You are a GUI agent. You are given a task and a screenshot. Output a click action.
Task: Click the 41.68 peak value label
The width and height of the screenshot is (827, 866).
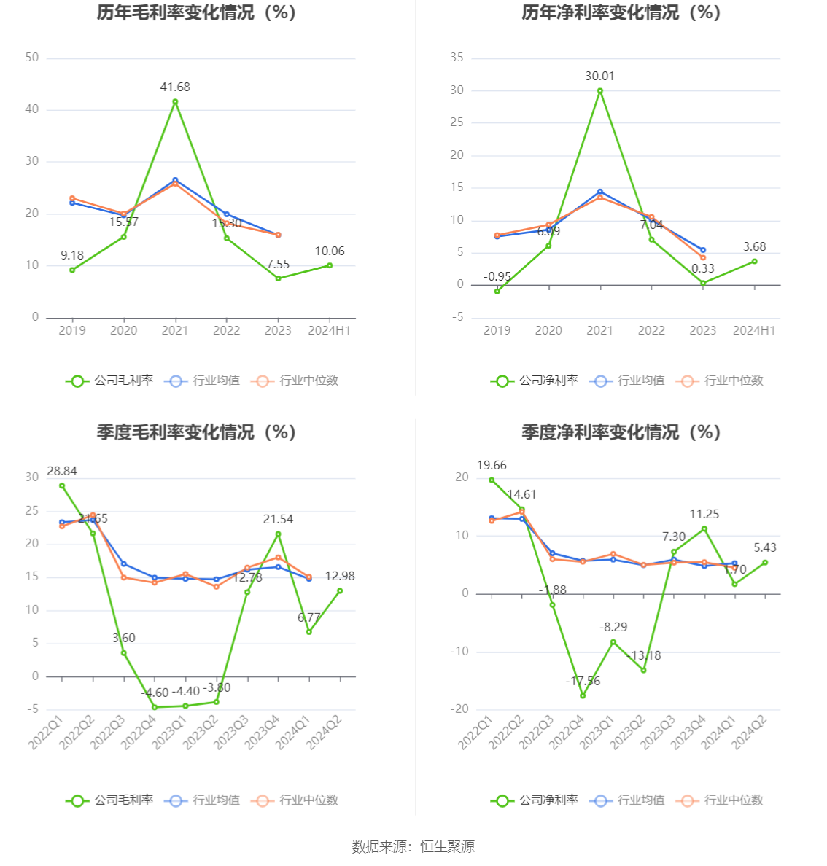click(x=175, y=87)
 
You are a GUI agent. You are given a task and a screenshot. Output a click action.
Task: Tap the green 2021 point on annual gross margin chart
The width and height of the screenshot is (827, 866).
click(x=175, y=102)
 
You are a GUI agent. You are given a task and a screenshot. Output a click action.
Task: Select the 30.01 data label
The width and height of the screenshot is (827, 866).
click(x=599, y=76)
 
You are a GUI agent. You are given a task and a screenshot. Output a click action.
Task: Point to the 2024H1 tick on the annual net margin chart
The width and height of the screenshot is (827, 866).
click(x=754, y=330)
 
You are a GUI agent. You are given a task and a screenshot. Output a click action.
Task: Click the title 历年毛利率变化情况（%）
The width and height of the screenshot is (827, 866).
click(x=197, y=13)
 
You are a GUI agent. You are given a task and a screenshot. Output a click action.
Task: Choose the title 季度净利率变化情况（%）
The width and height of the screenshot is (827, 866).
click(x=621, y=432)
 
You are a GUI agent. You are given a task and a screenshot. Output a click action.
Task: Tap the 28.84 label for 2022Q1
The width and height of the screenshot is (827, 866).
click(x=62, y=472)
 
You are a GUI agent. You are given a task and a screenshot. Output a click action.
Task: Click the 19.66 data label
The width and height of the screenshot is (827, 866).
click(x=492, y=466)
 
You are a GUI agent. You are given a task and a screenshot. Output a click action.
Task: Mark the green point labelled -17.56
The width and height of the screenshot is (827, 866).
click(x=583, y=695)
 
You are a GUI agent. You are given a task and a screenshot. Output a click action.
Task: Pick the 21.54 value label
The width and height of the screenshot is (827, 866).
click(x=278, y=520)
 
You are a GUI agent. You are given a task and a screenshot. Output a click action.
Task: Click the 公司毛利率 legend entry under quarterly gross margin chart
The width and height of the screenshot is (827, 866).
click(x=110, y=800)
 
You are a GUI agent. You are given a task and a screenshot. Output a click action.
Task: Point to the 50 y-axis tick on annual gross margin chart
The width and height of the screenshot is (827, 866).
click(x=32, y=58)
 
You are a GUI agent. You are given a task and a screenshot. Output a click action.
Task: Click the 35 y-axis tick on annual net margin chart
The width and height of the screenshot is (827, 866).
click(x=457, y=58)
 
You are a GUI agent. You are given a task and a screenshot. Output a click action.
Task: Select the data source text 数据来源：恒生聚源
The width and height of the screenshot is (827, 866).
click(x=413, y=846)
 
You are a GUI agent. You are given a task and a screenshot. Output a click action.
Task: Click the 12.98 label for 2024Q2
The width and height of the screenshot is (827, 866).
click(x=340, y=577)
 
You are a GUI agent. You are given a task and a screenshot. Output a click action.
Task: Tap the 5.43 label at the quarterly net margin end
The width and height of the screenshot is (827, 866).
click(x=765, y=548)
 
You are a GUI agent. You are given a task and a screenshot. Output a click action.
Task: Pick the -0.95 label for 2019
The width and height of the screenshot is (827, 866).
click(x=497, y=277)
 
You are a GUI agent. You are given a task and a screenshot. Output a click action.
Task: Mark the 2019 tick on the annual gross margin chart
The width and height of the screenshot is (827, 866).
click(x=72, y=330)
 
